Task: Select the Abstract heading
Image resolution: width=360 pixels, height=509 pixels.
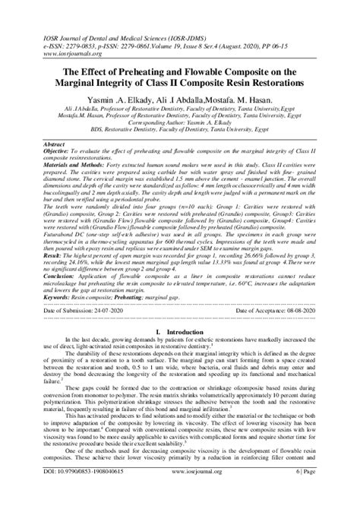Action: click(55, 142)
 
